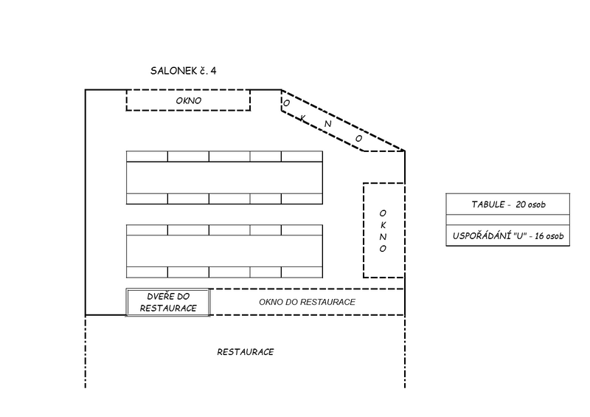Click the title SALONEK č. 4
click(183, 71)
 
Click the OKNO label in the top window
click(188, 100)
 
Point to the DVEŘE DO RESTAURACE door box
click(168, 303)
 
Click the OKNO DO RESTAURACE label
click(308, 302)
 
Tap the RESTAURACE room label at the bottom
click(246, 352)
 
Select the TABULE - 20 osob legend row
click(508, 204)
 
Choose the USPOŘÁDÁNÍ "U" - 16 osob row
click(508, 236)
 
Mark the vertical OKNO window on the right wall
click(383, 230)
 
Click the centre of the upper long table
click(224, 177)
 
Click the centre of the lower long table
click(224, 251)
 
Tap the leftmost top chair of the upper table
click(147, 156)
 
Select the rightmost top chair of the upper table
click(302, 156)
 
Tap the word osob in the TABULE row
click(541, 204)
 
